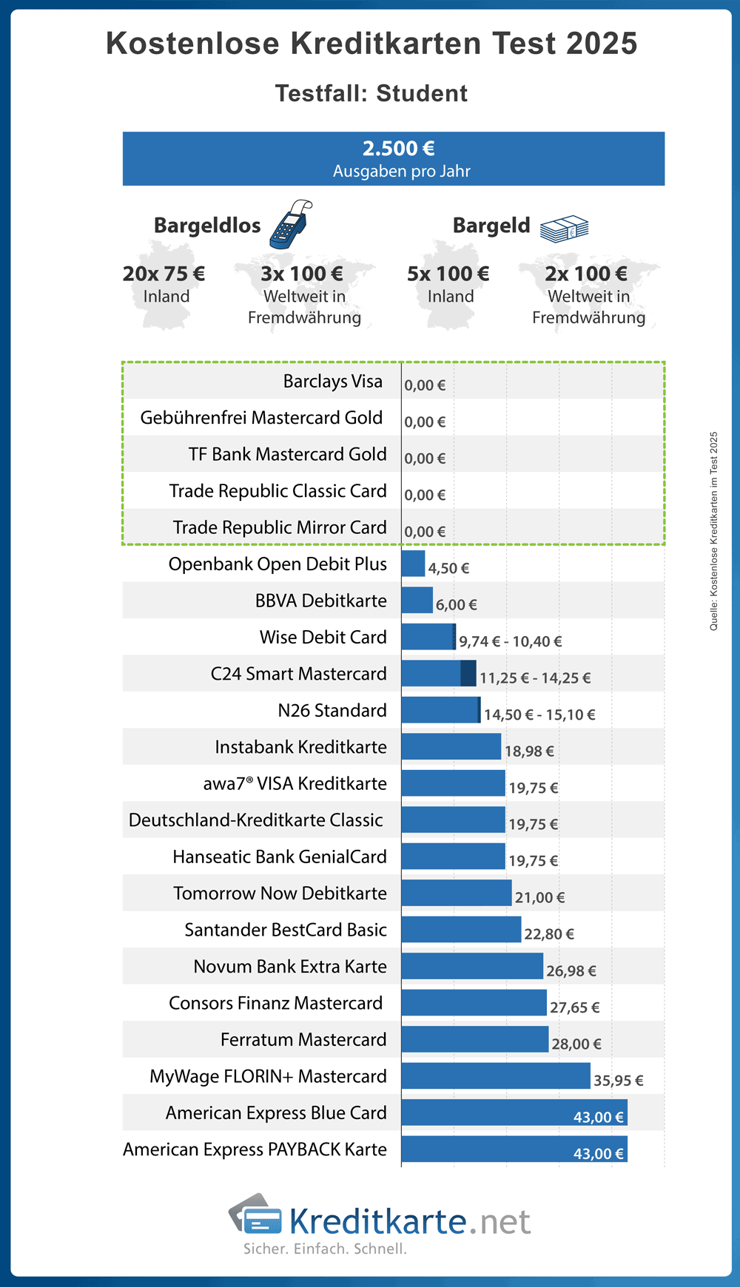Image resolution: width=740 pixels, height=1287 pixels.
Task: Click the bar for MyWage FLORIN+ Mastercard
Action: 496,1076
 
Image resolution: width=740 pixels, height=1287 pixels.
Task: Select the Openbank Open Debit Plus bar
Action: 413,564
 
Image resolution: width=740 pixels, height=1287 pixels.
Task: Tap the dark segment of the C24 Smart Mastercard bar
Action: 468,674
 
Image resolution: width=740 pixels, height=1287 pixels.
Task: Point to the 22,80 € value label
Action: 549,934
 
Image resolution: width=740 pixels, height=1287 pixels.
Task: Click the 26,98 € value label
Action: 571,970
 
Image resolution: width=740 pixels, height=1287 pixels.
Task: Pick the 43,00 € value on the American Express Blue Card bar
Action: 599,1117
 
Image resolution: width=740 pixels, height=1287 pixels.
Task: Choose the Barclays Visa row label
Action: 333,382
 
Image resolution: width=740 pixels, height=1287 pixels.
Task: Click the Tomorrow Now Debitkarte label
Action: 280,894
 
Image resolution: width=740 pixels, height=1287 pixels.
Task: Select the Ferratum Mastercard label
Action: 303,1040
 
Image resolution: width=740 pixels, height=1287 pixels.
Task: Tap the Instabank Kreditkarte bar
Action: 451,747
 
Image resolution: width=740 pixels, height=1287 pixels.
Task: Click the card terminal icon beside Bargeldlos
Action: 291,223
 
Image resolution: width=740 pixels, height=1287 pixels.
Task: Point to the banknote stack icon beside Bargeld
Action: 564,229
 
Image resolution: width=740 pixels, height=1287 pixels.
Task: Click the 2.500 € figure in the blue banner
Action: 398,149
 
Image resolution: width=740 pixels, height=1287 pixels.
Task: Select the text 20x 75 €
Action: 164,274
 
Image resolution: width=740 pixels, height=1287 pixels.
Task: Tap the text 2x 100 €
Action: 586,274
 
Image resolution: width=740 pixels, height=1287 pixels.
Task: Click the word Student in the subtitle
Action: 422,94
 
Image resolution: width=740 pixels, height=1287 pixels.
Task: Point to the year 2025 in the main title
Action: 602,44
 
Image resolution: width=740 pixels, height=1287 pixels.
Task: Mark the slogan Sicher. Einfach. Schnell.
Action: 326,1249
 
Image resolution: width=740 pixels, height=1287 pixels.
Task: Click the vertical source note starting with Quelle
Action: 713,531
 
